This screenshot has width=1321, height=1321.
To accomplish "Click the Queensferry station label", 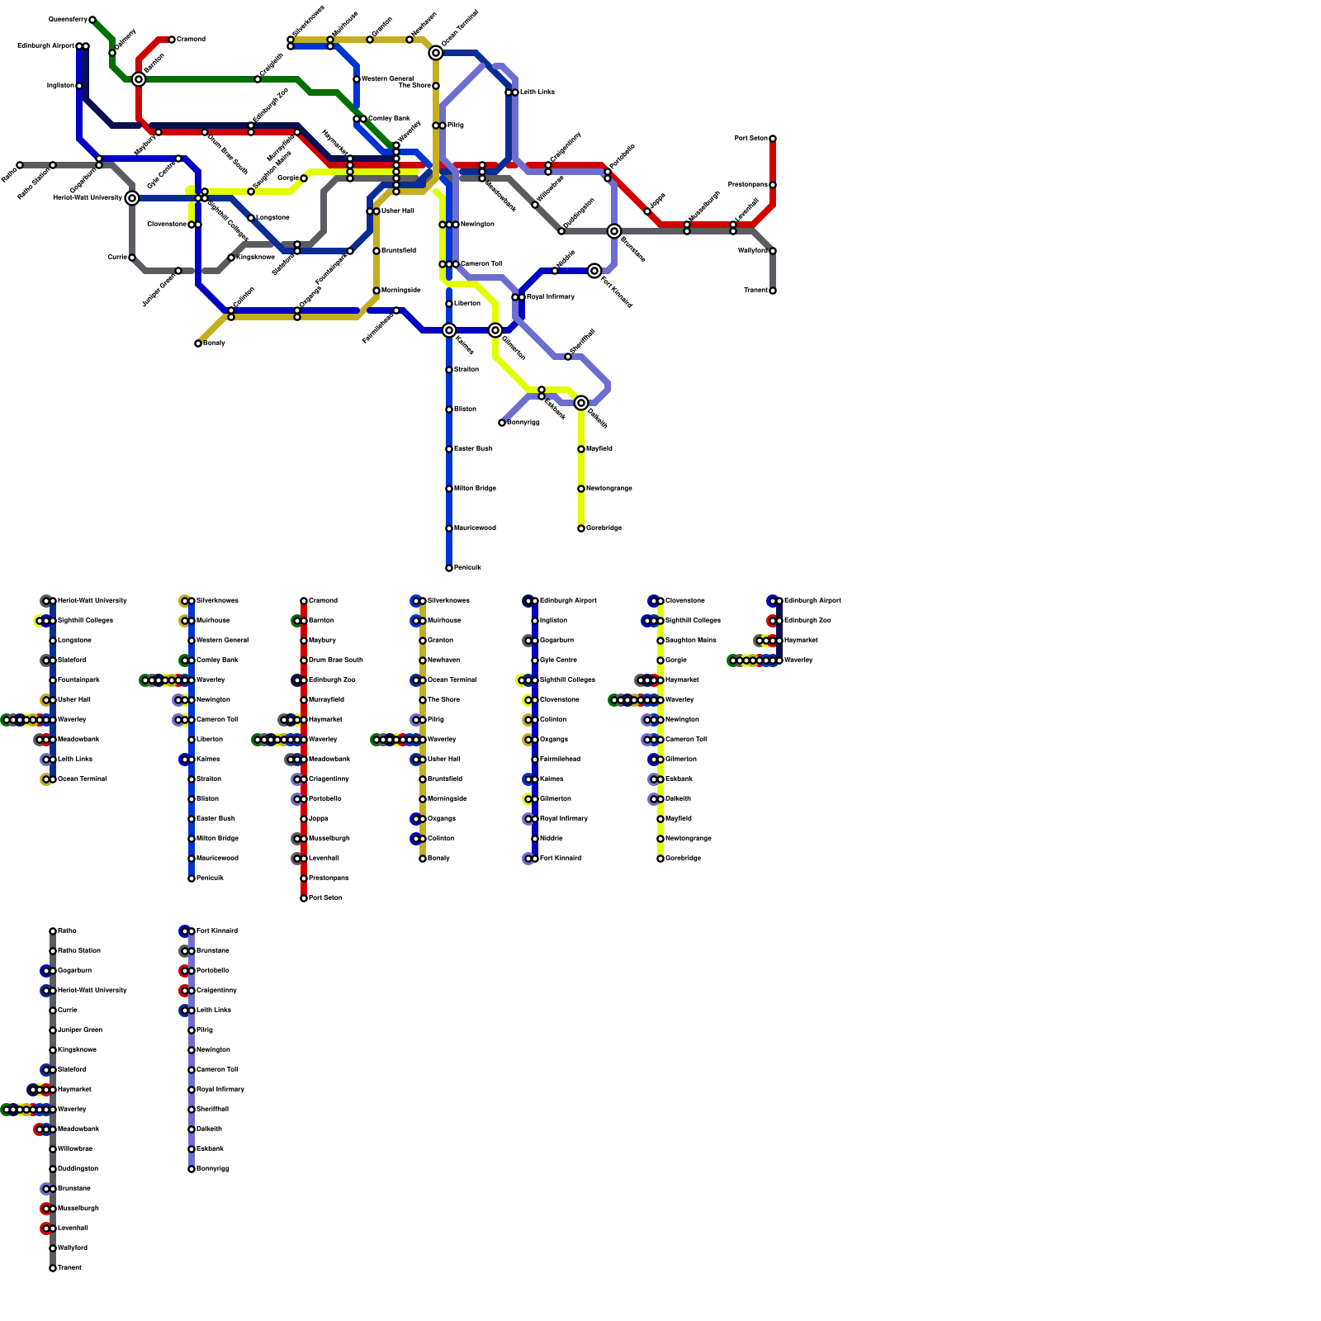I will [68, 19].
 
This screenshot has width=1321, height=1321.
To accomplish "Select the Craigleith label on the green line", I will [272, 66].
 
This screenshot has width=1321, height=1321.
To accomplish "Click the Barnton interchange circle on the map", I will [139, 79].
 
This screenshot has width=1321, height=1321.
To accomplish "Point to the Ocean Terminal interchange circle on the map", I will [436, 53].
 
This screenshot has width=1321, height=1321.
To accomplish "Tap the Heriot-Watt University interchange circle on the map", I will [132, 198].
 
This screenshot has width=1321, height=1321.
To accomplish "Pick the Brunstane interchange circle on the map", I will [614, 231].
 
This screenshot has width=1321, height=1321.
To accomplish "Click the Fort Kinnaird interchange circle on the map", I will [594, 271].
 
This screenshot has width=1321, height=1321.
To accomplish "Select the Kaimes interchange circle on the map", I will [449, 330].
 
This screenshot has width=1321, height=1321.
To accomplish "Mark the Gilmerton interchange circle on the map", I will [495, 330].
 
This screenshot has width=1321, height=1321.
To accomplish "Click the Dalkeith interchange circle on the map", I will [581, 403].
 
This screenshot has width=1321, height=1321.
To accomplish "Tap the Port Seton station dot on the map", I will [773, 139].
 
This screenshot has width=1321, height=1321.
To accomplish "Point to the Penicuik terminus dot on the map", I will [449, 568].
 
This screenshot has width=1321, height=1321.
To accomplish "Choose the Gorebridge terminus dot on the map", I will [581, 528].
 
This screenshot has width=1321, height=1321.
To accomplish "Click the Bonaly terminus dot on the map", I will [198, 343].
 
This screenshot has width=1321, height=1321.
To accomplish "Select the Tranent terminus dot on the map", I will [773, 291].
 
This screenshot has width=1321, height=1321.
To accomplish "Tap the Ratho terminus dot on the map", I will [20, 165].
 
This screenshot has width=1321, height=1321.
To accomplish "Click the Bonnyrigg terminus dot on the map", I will [502, 423].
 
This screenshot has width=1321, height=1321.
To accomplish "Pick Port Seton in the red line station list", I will [324, 898].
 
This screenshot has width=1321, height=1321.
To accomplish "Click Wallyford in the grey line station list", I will [73, 1248].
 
